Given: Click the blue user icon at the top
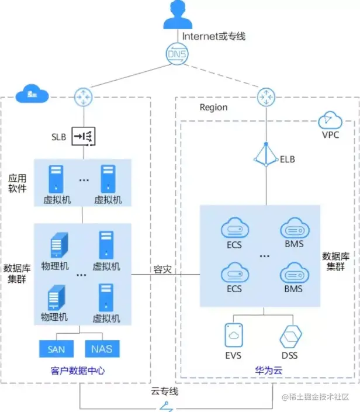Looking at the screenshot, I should (178, 16).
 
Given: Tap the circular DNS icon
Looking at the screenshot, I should (177, 54).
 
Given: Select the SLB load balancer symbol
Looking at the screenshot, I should (82, 137).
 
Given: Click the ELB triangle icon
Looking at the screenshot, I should (266, 156).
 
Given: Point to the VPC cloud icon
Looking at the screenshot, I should (330, 120).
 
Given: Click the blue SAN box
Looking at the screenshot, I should (56, 349).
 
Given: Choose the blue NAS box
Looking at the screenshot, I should (102, 349).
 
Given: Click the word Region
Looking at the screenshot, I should (213, 108).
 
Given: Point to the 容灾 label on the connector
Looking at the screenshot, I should (162, 269).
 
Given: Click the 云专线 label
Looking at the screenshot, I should (164, 391).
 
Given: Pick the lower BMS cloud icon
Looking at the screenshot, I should (293, 273).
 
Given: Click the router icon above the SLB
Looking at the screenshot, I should (82, 95).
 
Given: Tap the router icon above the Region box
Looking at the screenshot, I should (266, 95).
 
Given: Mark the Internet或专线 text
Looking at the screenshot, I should (214, 36).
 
